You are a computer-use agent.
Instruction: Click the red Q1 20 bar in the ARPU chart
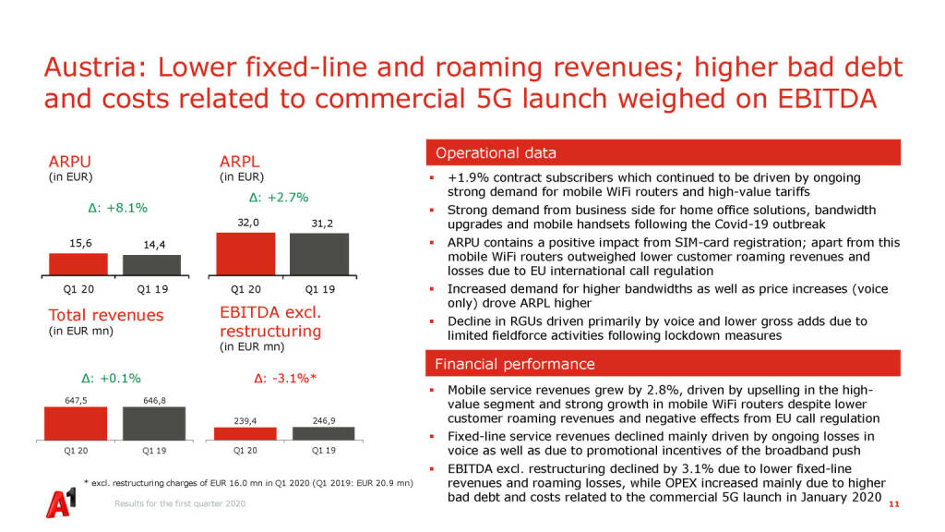(78, 264)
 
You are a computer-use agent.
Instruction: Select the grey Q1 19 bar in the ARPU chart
(152, 265)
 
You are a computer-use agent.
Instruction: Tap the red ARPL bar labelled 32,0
(245, 253)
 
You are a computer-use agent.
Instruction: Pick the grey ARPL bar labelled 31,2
(319, 254)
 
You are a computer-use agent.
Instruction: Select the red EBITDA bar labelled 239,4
(245, 433)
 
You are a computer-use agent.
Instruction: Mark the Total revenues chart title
(105, 315)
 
